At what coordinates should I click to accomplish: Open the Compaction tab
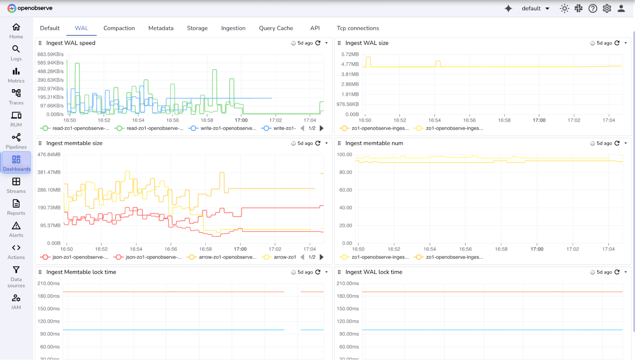point(119,28)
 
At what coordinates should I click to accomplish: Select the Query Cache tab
point(276,28)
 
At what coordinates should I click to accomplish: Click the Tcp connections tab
point(358,28)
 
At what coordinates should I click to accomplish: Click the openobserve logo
point(30,8)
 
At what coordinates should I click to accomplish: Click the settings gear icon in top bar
point(607,9)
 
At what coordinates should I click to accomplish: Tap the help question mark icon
point(592,9)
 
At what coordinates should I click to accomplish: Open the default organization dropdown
point(535,9)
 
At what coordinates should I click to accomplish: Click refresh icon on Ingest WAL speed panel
point(318,43)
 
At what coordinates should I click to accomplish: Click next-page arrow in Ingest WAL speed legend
point(321,128)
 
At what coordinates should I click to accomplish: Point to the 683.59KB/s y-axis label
point(51,54)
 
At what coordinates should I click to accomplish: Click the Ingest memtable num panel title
point(374,143)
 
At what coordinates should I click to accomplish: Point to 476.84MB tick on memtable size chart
point(49,155)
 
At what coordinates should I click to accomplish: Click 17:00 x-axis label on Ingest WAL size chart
point(539,120)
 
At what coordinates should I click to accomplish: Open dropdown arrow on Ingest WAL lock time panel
point(625,272)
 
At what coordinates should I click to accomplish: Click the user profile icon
point(621,9)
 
